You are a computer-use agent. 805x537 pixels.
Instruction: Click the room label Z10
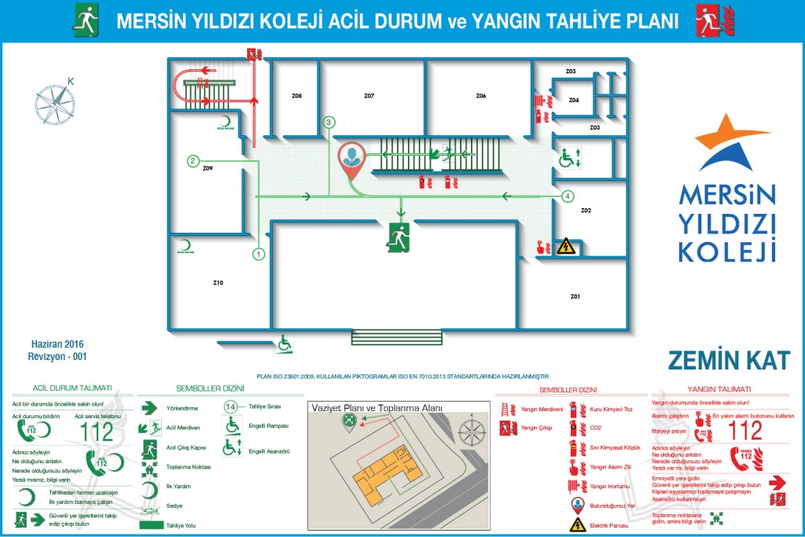tap(218, 282)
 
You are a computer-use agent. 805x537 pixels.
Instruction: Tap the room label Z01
tap(575, 296)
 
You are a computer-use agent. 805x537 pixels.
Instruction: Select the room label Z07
tap(369, 96)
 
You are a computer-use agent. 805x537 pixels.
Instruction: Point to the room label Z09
tap(208, 168)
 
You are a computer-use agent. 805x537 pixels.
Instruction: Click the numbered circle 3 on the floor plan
tap(329, 122)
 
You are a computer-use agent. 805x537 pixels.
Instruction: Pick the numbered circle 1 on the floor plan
tap(259, 254)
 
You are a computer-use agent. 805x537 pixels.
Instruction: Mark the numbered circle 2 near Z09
tap(193, 161)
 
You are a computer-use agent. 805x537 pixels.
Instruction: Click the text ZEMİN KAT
tap(728, 360)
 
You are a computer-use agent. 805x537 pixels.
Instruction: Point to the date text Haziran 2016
tap(57, 344)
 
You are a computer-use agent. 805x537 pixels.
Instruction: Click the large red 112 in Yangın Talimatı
tap(745, 430)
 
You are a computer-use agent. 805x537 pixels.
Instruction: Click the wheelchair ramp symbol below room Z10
tap(284, 342)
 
